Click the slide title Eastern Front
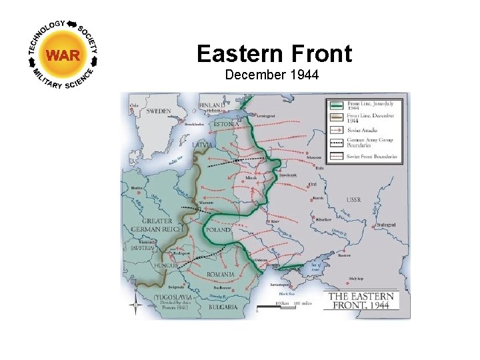[274, 53]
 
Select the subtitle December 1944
[272, 75]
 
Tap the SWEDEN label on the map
[159, 111]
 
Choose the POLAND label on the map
[218, 229]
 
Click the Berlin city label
[138, 189]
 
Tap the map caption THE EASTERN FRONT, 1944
[360, 301]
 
